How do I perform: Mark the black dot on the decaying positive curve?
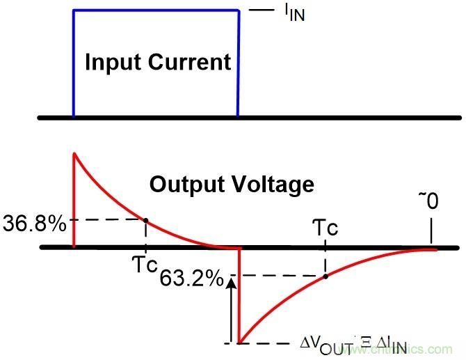(x=145, y=219)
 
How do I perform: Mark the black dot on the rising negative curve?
(x=326, y=276)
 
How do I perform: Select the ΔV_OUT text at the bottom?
(x=321, y=343)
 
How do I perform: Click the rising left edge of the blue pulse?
(x=74, y=63)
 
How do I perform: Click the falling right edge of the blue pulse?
(x=239, y=63)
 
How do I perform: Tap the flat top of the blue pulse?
(x=156, y=10)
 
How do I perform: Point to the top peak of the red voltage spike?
(x=74, y=153)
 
